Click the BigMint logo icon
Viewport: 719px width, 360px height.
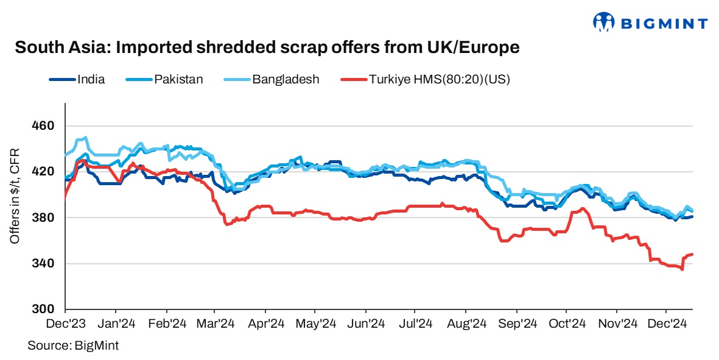point(603,23)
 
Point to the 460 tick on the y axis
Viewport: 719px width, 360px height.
point(43,126)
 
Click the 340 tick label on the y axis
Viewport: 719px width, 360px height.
point(43,264)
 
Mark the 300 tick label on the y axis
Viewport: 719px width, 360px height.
point(43,309)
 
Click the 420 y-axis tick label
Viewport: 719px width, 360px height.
point(43,172)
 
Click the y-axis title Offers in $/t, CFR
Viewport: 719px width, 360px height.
point(15,196)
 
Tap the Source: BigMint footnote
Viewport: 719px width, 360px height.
point(73,345)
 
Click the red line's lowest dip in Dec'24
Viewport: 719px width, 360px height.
point(682,270)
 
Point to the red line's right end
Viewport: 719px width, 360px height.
point(693,254)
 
